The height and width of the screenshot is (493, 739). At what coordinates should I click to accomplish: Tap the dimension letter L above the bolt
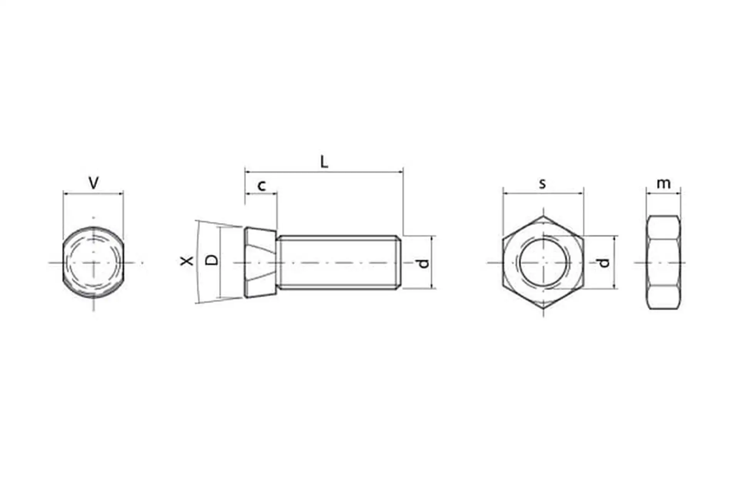coord(324,162)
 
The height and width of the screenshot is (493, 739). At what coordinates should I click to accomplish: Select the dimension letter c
coord(262,186)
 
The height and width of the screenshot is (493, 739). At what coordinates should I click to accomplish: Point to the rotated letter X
coord(187,261)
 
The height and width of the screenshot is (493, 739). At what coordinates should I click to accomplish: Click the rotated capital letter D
coord(211,260)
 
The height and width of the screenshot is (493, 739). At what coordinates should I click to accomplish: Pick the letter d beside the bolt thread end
coord(423,263)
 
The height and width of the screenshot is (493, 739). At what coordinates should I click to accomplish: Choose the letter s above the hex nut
coord(542,184)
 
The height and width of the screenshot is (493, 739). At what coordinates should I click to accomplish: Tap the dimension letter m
coord(663,184)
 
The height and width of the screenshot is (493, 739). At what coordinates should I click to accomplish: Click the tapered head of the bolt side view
coord(261,262)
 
